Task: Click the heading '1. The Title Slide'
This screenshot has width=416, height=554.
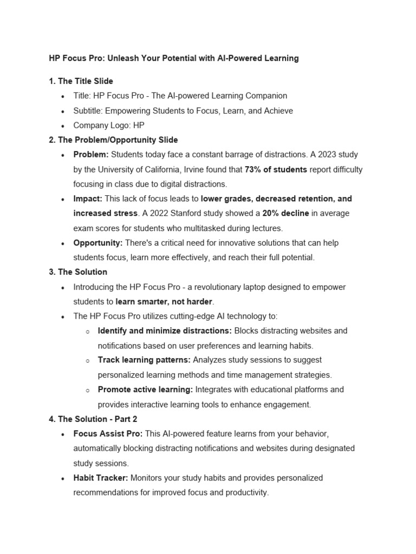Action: [81, 81]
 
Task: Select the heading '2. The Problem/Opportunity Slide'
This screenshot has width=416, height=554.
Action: [113, 140]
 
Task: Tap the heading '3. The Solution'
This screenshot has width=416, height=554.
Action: [78, 272]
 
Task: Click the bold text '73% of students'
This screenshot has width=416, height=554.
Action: [276, 169]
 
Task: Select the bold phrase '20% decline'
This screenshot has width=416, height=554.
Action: [285, 213]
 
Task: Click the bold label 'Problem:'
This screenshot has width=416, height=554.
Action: [91, 155]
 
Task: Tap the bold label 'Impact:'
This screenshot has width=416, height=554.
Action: [88, 199]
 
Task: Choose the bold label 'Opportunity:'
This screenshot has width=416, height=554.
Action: [98, 243]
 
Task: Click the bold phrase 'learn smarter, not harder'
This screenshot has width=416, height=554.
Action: [165, 301]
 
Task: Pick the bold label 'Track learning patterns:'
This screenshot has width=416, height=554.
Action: [144, 360]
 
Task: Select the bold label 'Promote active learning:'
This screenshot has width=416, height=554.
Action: [145, 390]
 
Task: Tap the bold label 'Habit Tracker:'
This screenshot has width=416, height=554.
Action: [101, 478]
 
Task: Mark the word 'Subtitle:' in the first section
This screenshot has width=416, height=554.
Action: [88, 111]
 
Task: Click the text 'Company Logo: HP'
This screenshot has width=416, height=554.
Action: [109, 126]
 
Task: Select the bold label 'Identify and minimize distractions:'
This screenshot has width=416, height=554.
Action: [165, 331]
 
